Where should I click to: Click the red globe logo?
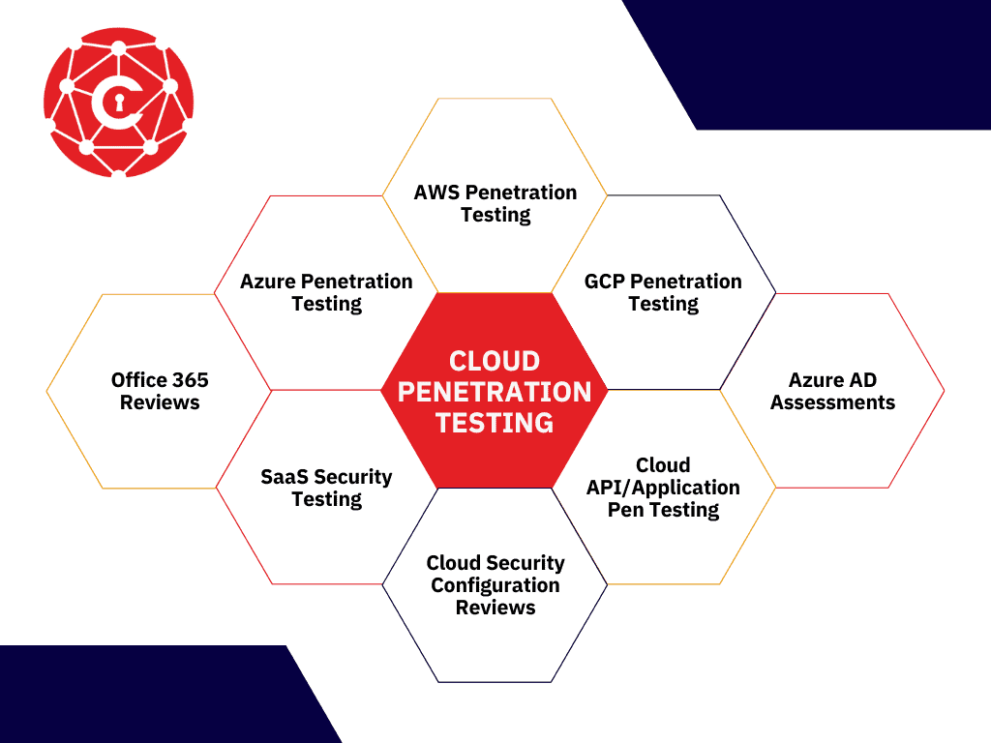pyautogui.click(x=119, y=102)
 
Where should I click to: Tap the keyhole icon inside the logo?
pyautogui.click(x=119, y=102)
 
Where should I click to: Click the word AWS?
pyautogui.click(x=436, y=193)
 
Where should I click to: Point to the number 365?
pyautogui.click(x=191, y=379)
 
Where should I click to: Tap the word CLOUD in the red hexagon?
pyautogui.click(x=495, y=362)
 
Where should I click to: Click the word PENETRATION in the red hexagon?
pyautogui.click(x=495, y=392)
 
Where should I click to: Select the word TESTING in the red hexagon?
pyautogui.click(x=495, y=423)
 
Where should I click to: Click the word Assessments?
pyautogui.click(x=832, y=402)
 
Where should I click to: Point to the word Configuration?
pyautogui.click(x=495, y=585)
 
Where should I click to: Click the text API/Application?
pyautogui.click(x=663, y=488)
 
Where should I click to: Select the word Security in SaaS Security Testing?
pyautogui.click(x=352, y=477)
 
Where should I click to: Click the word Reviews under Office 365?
pyautogui.click(x=160, y=402)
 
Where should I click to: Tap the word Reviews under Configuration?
pyautogui.click(x=495, y=608)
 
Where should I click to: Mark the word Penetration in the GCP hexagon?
pyautogui.click(x=686, y=282)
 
